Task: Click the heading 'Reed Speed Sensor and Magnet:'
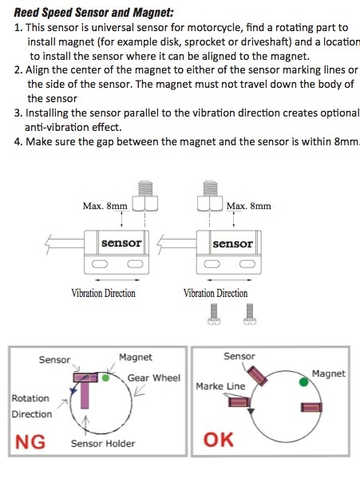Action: click(93, 13)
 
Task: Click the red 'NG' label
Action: click(30, 441)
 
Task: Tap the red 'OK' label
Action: click(219, 440)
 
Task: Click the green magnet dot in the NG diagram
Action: click(105, 378)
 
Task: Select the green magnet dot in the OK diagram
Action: click(303, 382)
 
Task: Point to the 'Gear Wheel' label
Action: click(154, 378)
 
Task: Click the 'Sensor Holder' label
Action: click(103, 443)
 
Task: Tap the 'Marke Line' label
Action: click(220, 386)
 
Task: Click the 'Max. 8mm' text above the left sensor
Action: click(105, 206)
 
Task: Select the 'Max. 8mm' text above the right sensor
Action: click(249, 206)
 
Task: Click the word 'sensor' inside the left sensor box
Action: click(121, 243)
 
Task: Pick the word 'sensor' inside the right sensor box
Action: click(232, 243)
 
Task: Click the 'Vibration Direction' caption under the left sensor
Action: click(103, 293)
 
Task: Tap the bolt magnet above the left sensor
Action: click(145, 196)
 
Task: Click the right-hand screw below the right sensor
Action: click(250, 314)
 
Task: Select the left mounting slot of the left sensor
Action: click(100, 263)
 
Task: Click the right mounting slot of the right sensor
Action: click(247, 263)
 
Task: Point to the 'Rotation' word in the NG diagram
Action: click(30, 398)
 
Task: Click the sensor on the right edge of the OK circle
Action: click(311, 407)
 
